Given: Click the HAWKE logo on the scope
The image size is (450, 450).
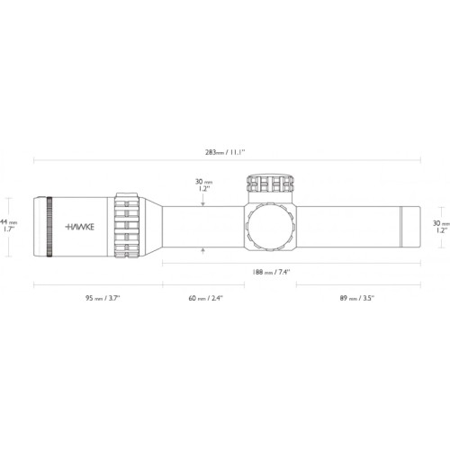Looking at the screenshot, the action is [x=80, y=227].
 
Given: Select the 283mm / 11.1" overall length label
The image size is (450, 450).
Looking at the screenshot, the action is [x=225, y=152].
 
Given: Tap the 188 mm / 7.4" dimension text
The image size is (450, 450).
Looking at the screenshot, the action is [x=271, y=272].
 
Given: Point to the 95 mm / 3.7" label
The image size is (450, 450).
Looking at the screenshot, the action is [x=103, y=298].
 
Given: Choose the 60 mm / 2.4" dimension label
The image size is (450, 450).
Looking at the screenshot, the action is [x=206, y=298].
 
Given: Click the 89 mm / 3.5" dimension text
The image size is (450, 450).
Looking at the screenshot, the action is [x=357, y=298].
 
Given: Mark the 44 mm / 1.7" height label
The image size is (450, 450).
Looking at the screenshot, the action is [x=8, y=226].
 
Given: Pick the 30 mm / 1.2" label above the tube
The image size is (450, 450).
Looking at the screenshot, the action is [x=204, y=185].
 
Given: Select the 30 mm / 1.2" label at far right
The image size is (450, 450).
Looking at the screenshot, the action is [x=441, y=227].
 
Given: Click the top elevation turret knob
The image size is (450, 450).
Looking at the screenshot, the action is [x=270, y=183].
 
